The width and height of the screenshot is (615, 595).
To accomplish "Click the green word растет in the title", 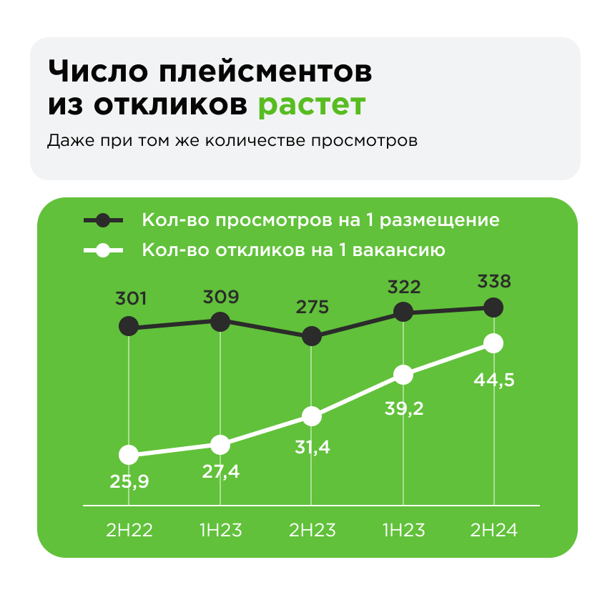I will [x=311, y=104].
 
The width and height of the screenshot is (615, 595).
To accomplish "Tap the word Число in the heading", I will [x=95, y=72].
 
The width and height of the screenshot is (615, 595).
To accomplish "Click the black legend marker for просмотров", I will [x=104, y=220].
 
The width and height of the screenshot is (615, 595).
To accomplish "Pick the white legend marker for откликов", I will [x=104, y=251].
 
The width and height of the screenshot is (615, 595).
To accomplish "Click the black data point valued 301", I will [x=129, y=327].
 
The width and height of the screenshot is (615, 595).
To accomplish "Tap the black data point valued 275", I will [x=312, y=335].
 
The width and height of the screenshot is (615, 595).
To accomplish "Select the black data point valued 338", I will [x=493, y=308].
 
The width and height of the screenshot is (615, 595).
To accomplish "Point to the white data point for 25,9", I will [x=129, y=454].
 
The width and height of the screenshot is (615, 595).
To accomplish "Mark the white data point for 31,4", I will [x=312, y=415].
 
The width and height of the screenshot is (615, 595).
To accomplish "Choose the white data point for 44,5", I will [x=493, y=343].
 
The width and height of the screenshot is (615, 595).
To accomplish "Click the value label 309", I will [x=221, y=295].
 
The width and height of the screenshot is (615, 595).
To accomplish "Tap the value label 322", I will [x=403, y=287].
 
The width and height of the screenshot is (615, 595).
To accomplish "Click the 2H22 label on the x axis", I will [x=129, y=531].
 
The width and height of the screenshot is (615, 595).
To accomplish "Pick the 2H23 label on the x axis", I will [x=312, y=531].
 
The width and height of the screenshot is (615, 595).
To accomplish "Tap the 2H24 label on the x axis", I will [x=493, y=531].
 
